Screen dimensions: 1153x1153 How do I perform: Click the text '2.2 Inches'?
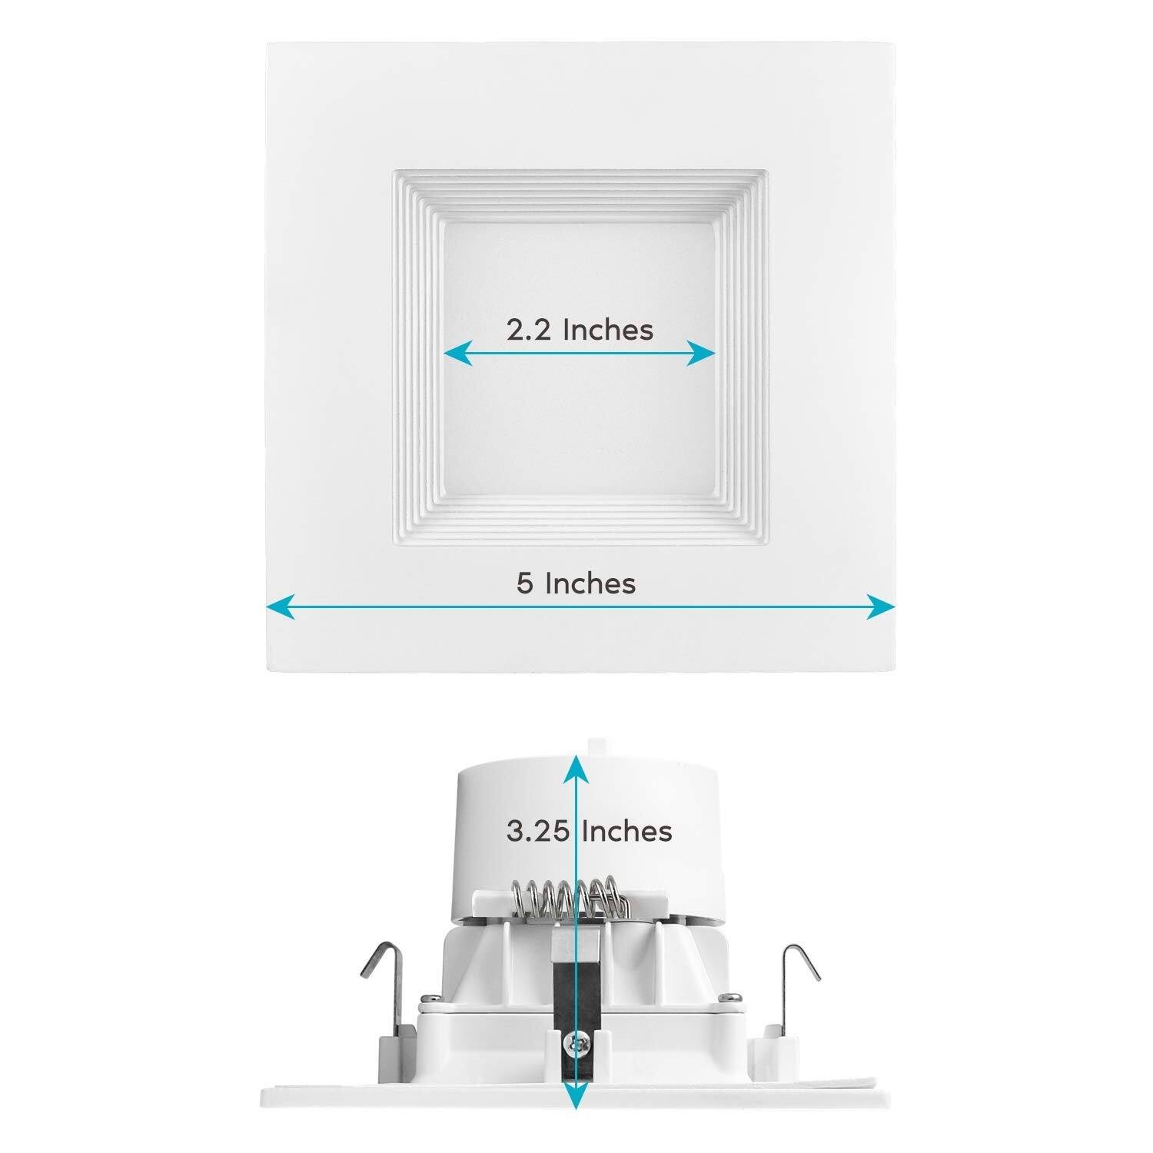(x=580, y=330)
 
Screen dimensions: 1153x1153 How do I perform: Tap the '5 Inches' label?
(x=576, y=583)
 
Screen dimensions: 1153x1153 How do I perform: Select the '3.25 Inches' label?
(x=589, y=831)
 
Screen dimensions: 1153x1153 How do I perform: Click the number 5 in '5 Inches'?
(x=524, y=583)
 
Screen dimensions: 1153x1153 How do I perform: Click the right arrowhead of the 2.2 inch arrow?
(x=703, y=354)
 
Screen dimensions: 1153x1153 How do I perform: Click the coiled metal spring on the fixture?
(x=567, y=898)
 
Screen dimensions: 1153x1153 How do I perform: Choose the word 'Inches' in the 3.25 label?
(x=626, y=831)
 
